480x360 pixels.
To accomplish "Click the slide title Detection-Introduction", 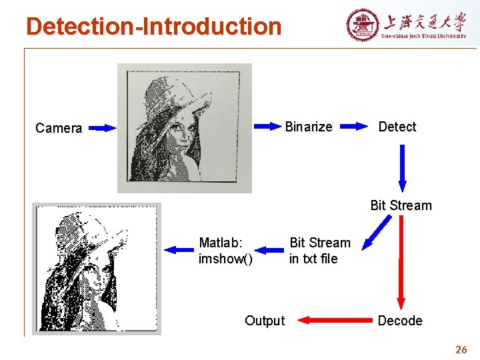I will pyautogui.click(x=153, y=27).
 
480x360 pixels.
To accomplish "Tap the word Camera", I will pyautogui.click(x=59, y=128).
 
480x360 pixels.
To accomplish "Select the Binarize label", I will pyautogui.click(x=308, y=127).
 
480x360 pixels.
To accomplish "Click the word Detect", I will pyautogui.click(x=397, y=127).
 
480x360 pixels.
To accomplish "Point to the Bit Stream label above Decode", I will pyautogui.click(x=401, y=205).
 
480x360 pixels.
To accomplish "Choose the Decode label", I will pyautogui.click(x=400, y=321).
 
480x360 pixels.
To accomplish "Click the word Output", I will pyautogui.click(x=264, y=321).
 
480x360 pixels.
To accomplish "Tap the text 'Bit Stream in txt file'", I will pyautogui.click(x=319, y=251).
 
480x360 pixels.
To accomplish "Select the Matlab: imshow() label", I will pyautogui.click(x=225, y=251).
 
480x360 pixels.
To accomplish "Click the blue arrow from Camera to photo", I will pyautogui.click(x=102, y=128).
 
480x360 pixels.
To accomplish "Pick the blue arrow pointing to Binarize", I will pyautogui.click(x=267, y=126).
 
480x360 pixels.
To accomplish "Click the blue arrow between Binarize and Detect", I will pyautogui.click(x=355, y=126).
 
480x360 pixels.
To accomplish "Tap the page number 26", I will pyautogui.click(x=461, y=349).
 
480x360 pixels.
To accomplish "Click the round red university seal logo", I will pyautogui.click(x=362, y=25).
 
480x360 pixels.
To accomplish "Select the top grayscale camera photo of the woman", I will pyautogui.click(x=185, y=128).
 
